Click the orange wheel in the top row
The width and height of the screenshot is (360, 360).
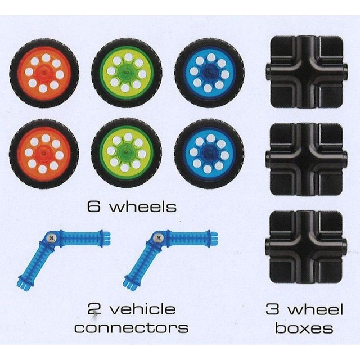[x=44, y=73]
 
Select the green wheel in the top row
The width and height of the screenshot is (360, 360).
[x=127, y=73]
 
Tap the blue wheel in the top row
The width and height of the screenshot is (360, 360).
[x=209, y=73]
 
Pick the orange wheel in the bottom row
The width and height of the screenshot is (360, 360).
[x=44, y=153]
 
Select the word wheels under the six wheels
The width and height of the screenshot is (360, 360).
[x=142, y=206]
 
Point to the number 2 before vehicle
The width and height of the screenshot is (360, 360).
[x=94, y=309]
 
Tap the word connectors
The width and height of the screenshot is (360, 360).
[x=131, y=327]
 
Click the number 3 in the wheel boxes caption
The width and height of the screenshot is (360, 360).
[x=273, y=309]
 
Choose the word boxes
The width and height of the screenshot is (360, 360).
[x=304, y=327]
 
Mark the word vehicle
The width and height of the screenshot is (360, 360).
[x=142, y=309]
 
